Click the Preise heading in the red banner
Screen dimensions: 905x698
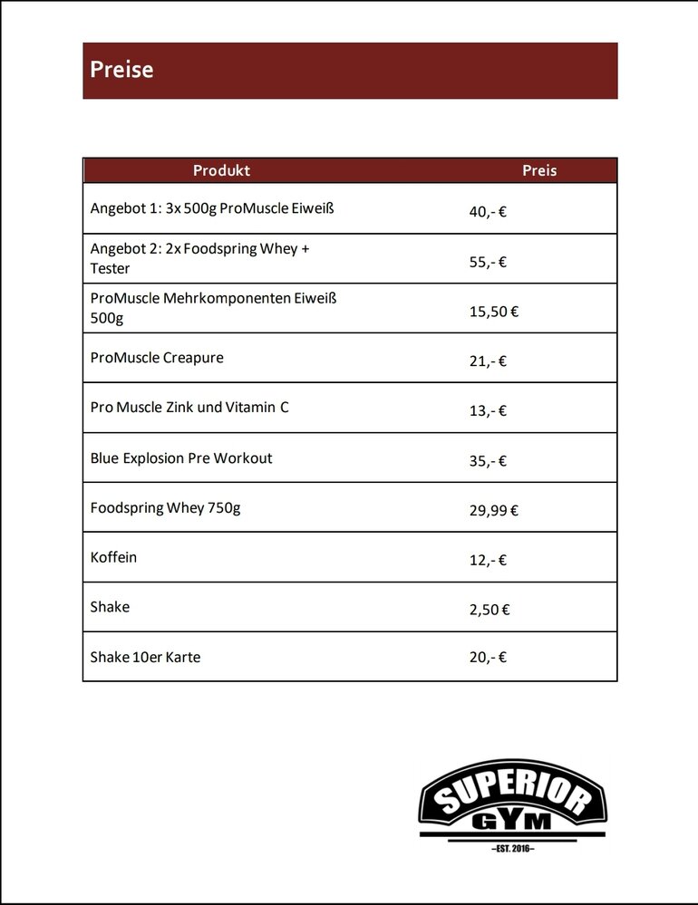pyautogui.click(x=121, y=70)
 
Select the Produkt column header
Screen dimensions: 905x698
pyautogui.click(x=221, y=170)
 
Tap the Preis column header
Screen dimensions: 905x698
pyautogui.click(x=539, y=170)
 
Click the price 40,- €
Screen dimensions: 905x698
pyautogui.click(x=488, y=212)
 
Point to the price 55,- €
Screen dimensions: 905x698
pyautogui.click(x=488, y=263)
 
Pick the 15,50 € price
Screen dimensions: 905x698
pyautogui.click(x=493, y=312)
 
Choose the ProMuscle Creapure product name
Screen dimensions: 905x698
pyautogui.click(x=157, y=358)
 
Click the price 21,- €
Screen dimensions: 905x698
pyautogui.click(x=488, y=361)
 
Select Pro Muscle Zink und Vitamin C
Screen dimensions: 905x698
pyautogui.click(x=189, y=408)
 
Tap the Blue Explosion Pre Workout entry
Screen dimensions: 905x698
pyautogui.click(x=181, y=457)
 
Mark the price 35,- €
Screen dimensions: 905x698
pyautogui.click(x=488, y=461)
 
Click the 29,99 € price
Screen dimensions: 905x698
pyautogui.click(x=493, y=511)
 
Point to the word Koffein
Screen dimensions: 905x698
pyautogui.click(x=113, y=557)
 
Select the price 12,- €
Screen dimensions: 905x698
pyautogui.click(x=488, y=561)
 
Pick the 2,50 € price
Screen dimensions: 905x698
pyautogui.click(x=490, y=611)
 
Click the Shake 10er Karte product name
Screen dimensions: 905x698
pyautogui.click(x=145, y=657)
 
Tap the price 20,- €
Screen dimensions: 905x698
pyautogui.click(x=488, y=658)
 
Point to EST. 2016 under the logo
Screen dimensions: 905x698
pyautogui.click(x=512, y=848)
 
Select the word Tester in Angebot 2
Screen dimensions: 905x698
pyautogui.click(x=110, y=268)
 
